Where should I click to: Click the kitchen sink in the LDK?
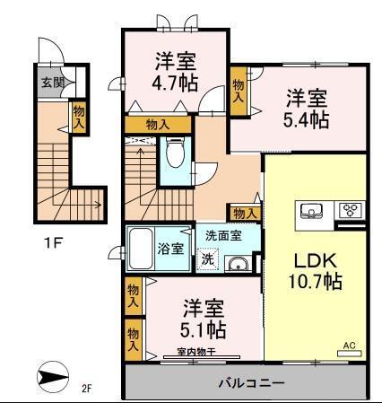coord(311,213)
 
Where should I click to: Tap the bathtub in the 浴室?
coord(143,247)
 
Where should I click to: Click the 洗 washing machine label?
coord(208,261)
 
